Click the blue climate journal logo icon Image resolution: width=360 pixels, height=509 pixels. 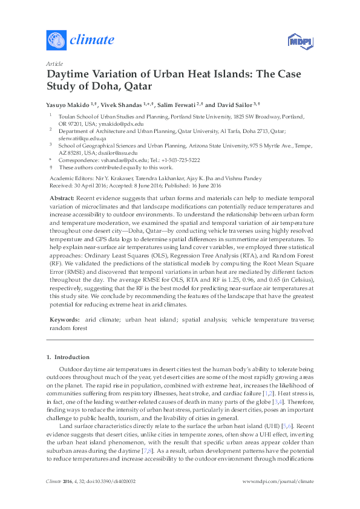tap(56, 40)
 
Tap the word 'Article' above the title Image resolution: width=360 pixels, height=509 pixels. tap(54, 63)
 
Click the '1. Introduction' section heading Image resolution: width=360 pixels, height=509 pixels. tap(68, 357)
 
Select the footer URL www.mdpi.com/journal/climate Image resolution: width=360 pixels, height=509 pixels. tap(278, 498)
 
